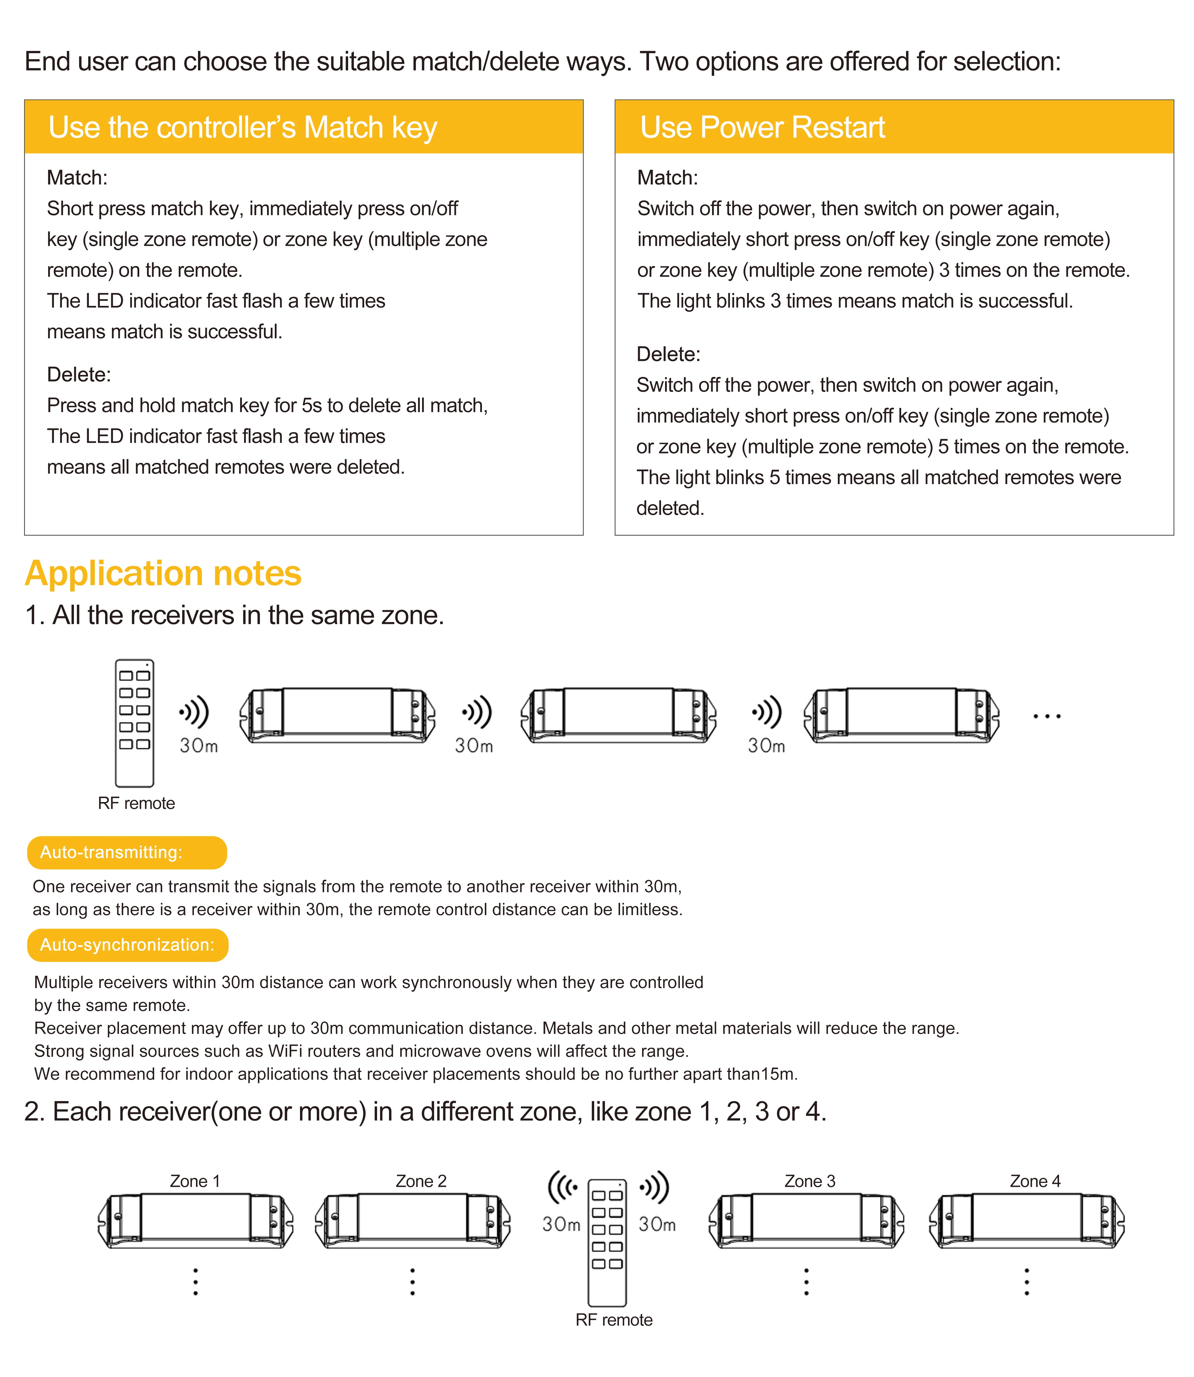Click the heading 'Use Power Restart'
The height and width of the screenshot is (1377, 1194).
coord(762,127)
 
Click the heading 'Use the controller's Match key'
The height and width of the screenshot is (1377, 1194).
coord(242,127)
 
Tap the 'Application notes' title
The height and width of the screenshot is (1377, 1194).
coord(163,573)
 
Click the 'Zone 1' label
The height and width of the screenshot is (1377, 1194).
coord(195,1181)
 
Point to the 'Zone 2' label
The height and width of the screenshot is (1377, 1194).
coord(420,1181)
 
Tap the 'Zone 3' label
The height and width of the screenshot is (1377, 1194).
coord(809,1181)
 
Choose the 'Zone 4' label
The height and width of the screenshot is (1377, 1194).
coord(1035,1181)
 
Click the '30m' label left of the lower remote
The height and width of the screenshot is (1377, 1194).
coord(561,1224)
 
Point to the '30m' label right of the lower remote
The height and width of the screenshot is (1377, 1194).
coord(657,1224)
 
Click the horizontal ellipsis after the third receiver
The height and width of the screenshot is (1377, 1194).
coord(1047,717)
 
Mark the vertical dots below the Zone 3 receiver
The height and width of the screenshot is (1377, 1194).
coord(806,1282)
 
